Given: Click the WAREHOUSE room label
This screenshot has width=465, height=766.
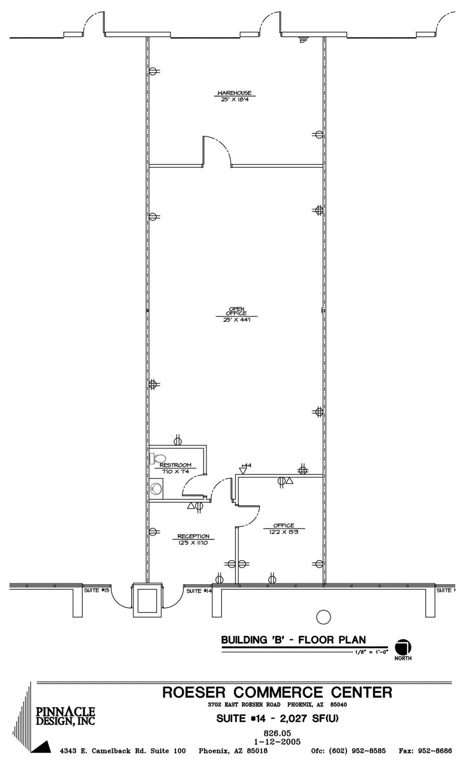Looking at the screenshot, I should click(x=234, y=93).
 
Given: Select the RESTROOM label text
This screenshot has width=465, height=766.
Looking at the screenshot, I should click(x=175, y=465).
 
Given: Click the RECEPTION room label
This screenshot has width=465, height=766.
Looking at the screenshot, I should click(x=193, y=536).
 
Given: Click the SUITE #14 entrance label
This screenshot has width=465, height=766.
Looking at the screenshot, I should click(x=199, y=591).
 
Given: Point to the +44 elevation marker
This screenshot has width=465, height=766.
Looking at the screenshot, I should click(x=246, y=466).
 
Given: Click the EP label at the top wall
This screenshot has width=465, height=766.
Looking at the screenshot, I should click(x=303, y=41).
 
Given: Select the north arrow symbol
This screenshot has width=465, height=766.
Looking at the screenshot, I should click(x=403, y=647).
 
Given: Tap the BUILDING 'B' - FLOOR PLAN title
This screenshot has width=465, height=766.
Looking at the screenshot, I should click(x=293, y=640).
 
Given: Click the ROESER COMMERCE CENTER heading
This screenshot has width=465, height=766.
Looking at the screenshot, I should click(x=277, y=692).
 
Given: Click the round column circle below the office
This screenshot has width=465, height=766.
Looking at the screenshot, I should click(x=324, y=617).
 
